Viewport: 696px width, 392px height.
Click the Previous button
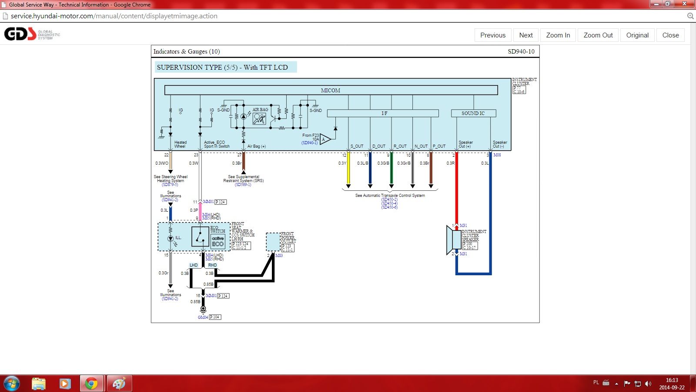click(x=493, y=35)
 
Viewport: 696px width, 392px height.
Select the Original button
click(x=637, y=35)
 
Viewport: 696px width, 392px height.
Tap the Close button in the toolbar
click(x=670, y=35)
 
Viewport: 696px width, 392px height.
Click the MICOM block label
click(x=331, y=90)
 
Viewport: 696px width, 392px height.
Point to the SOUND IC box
click(x=473, y=113)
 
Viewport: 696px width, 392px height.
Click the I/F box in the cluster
click(x=383, y=113)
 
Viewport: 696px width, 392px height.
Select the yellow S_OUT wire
click(x=348, y=170)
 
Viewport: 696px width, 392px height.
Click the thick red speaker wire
click(x=456, y=192)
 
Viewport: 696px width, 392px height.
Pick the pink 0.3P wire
click(x=200, y=212)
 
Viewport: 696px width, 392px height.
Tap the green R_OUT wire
click(x=391, y=170)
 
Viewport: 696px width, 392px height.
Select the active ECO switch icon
click(x=218, y=241)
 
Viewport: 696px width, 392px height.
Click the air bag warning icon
click(x=259, y=118)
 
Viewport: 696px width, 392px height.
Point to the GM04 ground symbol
click(x=203, y=309)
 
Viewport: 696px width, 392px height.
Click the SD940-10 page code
click(x=521, y=51)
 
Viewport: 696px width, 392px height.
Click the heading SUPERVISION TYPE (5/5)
click(x=222, y=68)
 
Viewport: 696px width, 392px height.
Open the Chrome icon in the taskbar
click(x=91, y=383)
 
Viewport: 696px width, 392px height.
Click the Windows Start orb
click(x=11, y=383)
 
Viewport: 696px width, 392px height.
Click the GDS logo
click(x=20, y=34)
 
